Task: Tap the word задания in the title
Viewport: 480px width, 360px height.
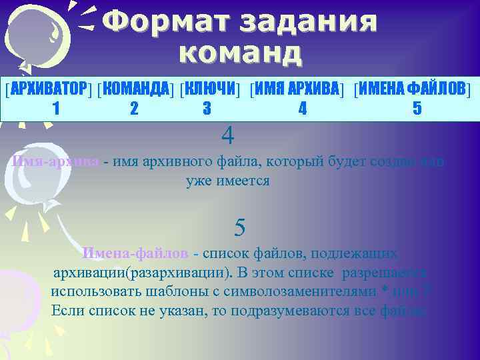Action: (x=313, y=23)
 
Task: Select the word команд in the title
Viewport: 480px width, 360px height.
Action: (x=241, y=52)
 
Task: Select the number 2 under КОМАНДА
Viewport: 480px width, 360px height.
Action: (x=134, y=108)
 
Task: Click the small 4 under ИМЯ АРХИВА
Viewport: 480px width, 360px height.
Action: (x=303, y=108)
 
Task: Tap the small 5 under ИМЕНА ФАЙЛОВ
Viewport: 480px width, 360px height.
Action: (x=417, y=108)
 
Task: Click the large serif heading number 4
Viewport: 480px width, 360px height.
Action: (x=228, y=136)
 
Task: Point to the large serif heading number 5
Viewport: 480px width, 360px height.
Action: (x=240, y=228)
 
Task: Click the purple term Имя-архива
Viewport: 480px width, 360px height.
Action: (x=56, y=161)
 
